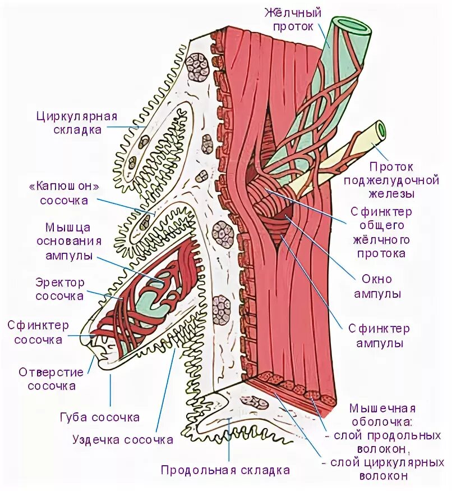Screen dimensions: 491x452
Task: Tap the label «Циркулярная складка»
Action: tap(76, 123)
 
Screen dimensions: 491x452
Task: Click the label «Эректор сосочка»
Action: tap(60, 289)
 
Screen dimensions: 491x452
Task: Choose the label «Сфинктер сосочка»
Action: tap(38, 333)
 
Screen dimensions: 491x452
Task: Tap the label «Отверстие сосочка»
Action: tap(51, 379)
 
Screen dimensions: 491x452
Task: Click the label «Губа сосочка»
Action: tap(99, 417)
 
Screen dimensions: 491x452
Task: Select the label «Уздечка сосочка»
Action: tap(123, 440)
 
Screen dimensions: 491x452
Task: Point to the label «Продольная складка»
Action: tap(225, 470)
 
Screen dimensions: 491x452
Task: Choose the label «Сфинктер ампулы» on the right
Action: tap(379, 335)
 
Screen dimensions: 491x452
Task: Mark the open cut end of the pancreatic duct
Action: tap(380, 130)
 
